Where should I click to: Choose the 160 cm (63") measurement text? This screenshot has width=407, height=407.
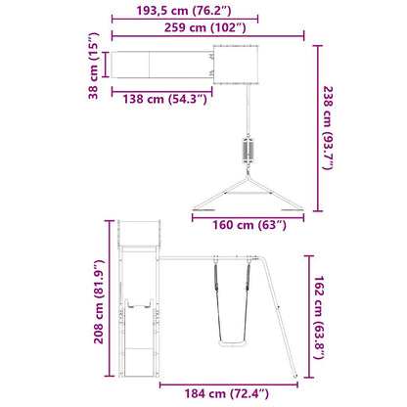(x=249, y=226)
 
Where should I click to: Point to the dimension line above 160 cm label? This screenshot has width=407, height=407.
(x=249, y=213)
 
